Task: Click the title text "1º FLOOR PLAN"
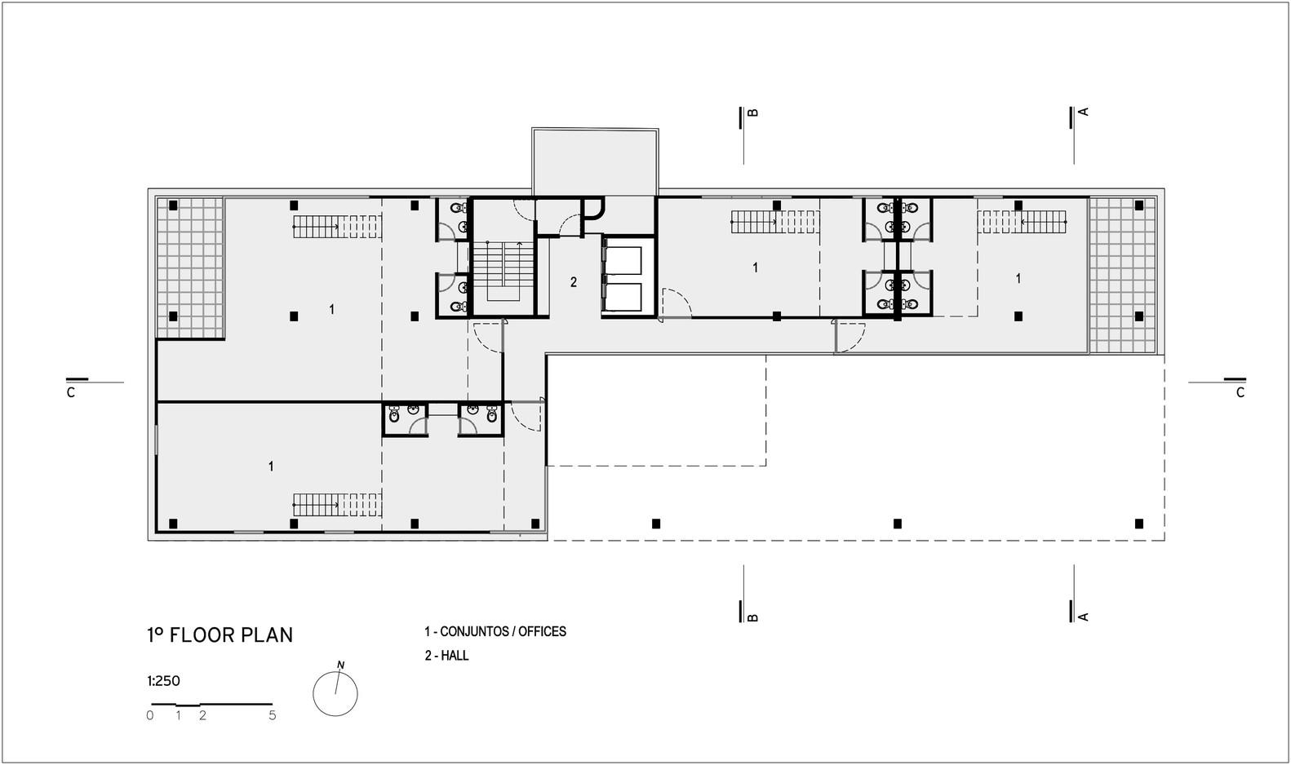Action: tap(220, 635)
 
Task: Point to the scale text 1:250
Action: tap(164, 681)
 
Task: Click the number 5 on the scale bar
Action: tap(273, 715)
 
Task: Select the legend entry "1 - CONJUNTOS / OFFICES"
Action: tap(495, 631)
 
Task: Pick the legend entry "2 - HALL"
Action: tap(446, 656)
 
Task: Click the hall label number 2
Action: tap(574, 281)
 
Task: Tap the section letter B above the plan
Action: tap(752, 113)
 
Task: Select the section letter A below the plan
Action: tap(1083, 617)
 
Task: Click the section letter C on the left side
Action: tap(71, 393)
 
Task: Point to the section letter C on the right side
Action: tap(1240, 393)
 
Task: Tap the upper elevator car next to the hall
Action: tap(623, 261)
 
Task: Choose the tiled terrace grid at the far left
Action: tap(190, 268)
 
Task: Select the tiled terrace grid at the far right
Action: tap(1123, 276)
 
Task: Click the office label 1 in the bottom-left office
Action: tap(271, 467)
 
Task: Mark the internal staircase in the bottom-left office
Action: tap(337, 505)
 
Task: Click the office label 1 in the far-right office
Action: tap(1018, 279)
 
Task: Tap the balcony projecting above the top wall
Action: tap(595, 161)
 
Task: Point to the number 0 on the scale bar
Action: tap(150, 715)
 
